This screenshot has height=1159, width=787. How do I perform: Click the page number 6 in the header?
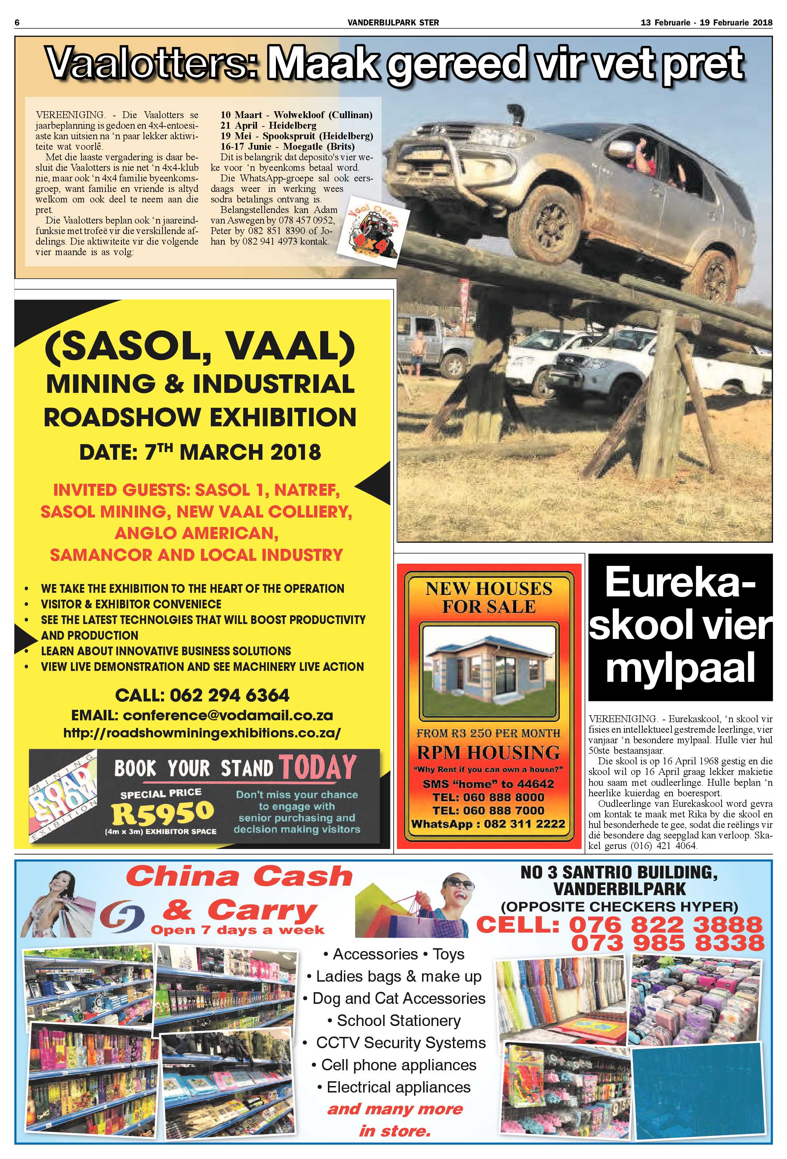17,23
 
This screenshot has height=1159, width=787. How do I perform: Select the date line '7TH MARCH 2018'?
200,452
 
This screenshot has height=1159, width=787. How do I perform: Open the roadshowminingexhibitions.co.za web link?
202,733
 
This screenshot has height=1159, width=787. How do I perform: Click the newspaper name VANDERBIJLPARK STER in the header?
393,23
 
